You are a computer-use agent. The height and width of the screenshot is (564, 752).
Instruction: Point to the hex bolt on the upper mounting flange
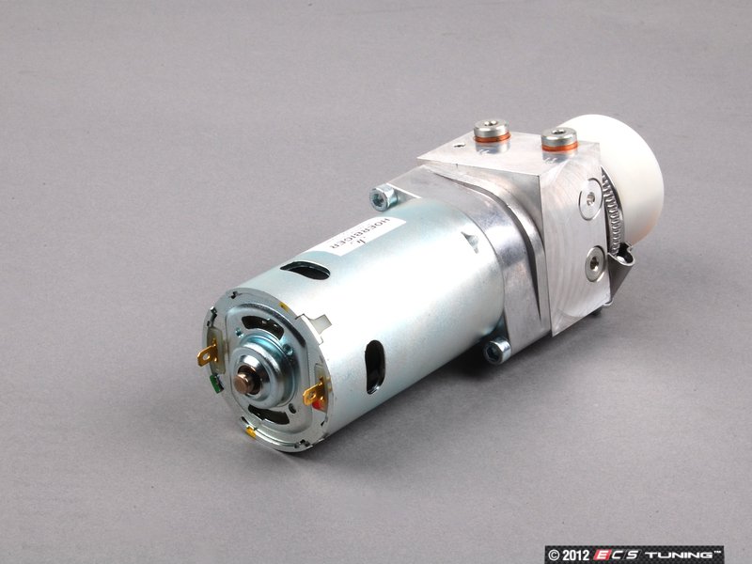click(x=383, y=196)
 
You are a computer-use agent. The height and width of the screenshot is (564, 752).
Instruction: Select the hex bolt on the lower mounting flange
click(x=497, y=351)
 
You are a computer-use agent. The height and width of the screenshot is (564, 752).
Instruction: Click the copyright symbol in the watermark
click(x=555, y=553)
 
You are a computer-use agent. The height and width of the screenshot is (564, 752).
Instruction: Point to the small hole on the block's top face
click(x=459, y=146)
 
